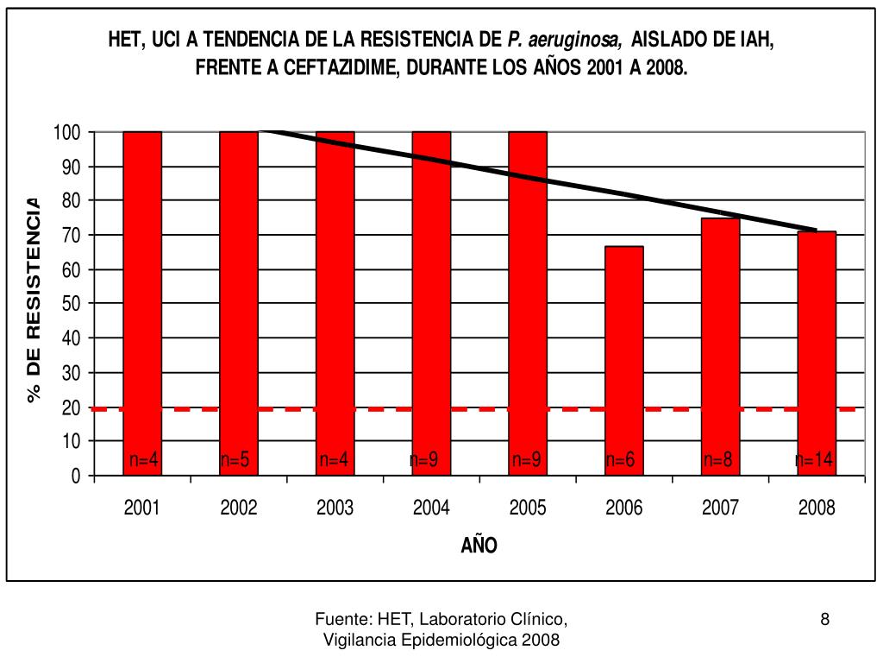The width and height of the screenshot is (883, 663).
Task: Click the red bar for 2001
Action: [142, 302]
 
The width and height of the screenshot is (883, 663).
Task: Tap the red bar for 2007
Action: [721, 345]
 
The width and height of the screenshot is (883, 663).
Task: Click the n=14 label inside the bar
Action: [815, 460]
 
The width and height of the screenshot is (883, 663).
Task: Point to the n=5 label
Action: [235, 460]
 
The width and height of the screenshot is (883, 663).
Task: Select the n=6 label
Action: [621, 460]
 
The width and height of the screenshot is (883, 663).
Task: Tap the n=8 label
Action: [717, 460]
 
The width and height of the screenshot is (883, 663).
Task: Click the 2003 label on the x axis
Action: [335, 508]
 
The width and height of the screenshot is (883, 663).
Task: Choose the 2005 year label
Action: [528, 508]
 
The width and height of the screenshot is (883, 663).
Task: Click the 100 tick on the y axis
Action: [66, 132]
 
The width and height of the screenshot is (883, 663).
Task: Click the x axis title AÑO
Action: [479, 546]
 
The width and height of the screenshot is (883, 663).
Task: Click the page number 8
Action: [825, 618]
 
